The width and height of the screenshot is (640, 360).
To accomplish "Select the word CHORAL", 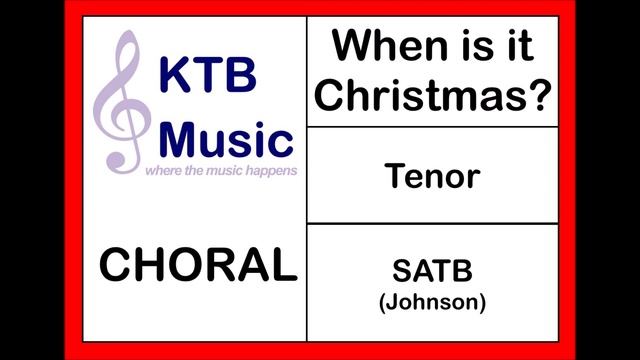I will [198, 266].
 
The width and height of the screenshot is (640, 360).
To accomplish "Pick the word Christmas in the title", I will [424, 96].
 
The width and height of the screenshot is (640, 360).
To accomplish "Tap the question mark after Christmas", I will [538, 96].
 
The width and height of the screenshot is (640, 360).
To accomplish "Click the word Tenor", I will [432, 177].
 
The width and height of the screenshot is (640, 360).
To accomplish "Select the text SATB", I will [432, 271].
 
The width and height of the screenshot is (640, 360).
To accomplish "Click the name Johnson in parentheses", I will [432, 301].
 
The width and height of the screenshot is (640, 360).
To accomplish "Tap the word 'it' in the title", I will [517, 46].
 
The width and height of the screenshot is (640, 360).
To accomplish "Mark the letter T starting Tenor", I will [395, 177].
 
